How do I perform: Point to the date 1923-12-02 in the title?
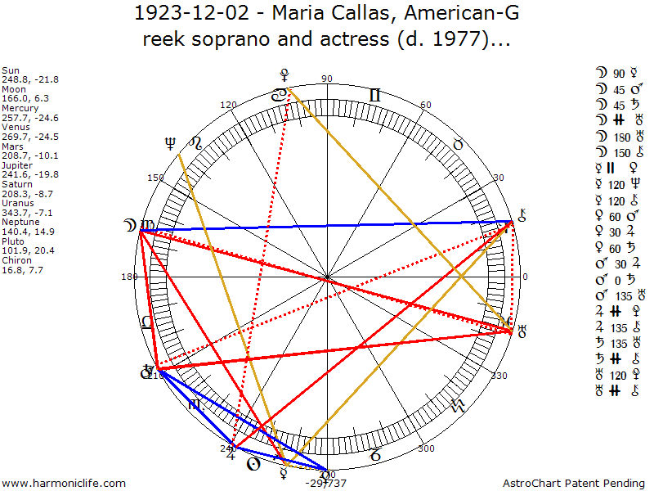186,14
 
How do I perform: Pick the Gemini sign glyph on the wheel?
374,95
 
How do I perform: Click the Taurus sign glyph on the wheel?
459,144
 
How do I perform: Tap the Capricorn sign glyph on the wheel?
375,453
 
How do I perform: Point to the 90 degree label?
327,79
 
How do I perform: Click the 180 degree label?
129,277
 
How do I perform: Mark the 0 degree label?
525,277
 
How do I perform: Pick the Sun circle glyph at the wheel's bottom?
253,464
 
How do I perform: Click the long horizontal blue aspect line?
327,226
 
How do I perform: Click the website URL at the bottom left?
64,484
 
